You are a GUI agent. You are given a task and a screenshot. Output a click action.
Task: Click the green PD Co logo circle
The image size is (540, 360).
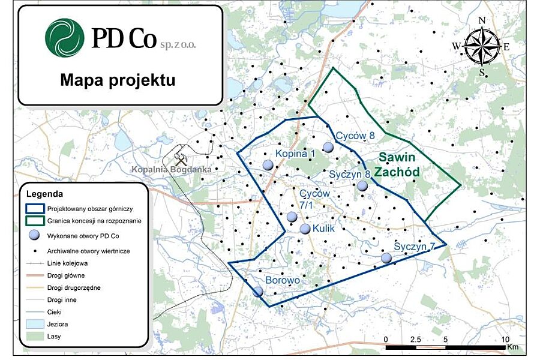coord(64,38)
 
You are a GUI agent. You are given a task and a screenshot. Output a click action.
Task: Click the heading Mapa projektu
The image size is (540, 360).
coord(118,80)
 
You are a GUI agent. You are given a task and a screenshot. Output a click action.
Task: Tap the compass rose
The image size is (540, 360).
coord(482,46)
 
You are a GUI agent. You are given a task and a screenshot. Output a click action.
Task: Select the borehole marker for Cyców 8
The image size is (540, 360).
coord(328,147)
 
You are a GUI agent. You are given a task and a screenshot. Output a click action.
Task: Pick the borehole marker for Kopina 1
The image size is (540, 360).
coord(268,165)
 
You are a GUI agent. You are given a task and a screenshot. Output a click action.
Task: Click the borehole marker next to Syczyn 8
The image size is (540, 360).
coord(362,186)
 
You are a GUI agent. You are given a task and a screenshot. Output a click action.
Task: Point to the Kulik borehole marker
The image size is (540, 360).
coord(305,229)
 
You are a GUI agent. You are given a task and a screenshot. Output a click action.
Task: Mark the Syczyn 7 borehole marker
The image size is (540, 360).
coord(386,258)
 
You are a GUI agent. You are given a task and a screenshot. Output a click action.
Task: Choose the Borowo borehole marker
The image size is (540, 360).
coord(258,292)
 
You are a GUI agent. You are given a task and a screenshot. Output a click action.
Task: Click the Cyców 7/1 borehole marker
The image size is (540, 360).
coord(292,217)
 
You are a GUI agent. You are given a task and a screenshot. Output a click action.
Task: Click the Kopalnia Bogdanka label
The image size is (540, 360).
coord(171,170)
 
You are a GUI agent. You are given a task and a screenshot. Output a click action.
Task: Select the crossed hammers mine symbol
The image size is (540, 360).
coord(181,159)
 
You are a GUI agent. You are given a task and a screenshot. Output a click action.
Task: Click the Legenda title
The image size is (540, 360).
coord(45,194)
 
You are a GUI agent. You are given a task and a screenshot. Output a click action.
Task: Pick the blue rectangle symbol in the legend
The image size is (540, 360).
coord(35,209)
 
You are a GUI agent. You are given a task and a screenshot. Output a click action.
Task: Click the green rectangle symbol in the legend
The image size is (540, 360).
coord(35,220)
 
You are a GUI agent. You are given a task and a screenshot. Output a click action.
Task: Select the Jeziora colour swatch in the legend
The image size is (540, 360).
coord(35,324)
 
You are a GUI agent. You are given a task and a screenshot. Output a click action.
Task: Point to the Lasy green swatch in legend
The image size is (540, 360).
coord(35,337)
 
